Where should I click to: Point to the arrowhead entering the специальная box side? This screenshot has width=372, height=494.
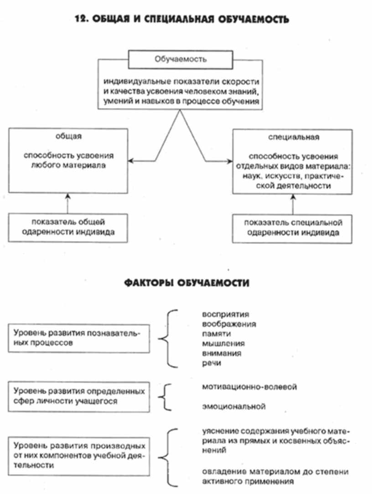point(230,161)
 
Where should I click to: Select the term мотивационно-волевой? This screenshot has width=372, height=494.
point(248,387)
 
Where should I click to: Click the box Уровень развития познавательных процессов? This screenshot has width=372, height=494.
point(79,338)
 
